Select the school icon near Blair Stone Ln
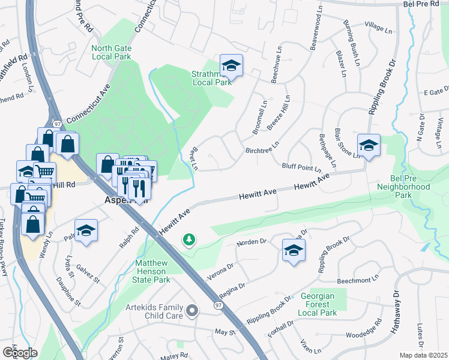pyautogui.click(x=369, y=146)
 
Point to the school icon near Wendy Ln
pyautogui.click(x=86, y=231)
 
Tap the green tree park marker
pyautogui.click(x=189, y=240)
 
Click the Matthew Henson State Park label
pyautogui.click(x=152, y=271)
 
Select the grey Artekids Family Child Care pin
pyautogui.click(x=192, y=310)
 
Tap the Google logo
pyautogui.click(x=20, y=352)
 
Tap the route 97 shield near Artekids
pyautogui.click(x=217, y=305)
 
